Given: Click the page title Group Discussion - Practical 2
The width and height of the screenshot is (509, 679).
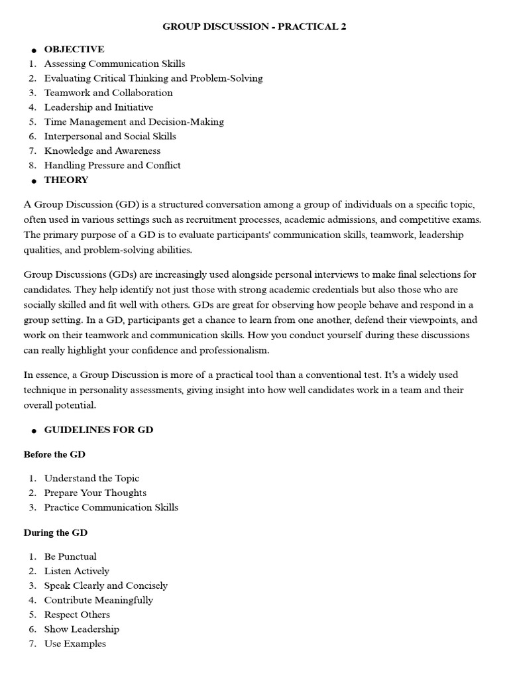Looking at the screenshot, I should coord(254,27).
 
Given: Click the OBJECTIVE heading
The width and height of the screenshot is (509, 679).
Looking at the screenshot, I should coord(74,49).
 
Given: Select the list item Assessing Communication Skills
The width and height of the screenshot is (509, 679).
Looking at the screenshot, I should coord(115,64).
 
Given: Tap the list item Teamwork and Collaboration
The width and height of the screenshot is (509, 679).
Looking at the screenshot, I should coord(108,93).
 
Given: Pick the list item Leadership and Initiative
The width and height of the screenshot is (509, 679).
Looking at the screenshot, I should coord(99,107).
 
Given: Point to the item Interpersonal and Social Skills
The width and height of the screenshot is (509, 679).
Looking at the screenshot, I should coord(110,137).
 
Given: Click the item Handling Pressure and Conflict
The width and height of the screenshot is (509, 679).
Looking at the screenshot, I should coord(113,166).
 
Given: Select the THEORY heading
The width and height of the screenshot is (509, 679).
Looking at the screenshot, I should coord(66,180).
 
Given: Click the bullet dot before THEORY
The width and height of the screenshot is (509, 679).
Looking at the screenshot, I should coord(33,181).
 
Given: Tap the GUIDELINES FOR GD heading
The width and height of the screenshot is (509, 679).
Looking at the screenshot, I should coord(99,430).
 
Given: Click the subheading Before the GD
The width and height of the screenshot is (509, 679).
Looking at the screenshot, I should coord(54,454).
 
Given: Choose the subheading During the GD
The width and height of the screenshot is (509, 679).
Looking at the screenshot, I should coord(56,532).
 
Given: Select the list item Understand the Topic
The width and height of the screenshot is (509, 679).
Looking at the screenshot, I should coord(91,478).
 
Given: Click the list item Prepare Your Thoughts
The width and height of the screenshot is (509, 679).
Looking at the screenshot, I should coord(95,493).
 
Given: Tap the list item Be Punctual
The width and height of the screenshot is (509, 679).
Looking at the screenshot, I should coord(70,556).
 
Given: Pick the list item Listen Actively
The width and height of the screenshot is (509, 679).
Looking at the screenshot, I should coord(77,571).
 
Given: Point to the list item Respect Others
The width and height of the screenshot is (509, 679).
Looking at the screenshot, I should coord(78,615).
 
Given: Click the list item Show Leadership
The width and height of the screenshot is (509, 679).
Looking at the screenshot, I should coord(82,629).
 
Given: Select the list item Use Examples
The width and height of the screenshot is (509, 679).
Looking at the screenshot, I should coord(75,644).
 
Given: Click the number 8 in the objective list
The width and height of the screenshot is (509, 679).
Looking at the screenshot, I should coord(32,166).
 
